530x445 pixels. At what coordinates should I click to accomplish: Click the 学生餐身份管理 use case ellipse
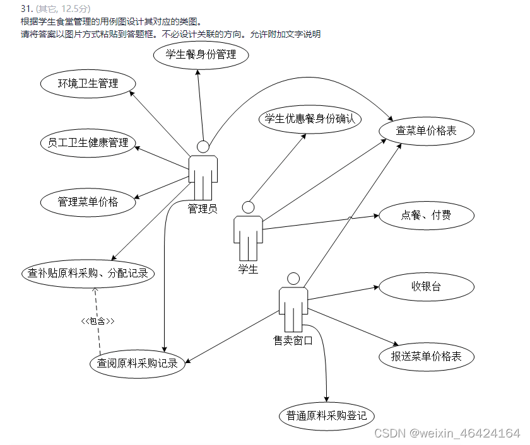[201, 55]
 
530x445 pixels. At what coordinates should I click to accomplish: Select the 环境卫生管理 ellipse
[88, 83]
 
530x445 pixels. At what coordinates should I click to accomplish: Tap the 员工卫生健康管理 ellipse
[88, 142]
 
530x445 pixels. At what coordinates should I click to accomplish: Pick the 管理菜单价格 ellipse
[88, 202]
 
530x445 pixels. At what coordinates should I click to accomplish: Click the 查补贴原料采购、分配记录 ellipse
[88, 274]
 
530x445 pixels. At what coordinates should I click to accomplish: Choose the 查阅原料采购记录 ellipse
[137, 363]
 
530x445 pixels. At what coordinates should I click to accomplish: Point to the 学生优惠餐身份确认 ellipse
[309, 118]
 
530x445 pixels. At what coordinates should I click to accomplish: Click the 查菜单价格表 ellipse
[426, 131]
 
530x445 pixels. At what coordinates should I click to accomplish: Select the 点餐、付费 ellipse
[426, 216]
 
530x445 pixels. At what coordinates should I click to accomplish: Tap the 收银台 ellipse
[426, 286]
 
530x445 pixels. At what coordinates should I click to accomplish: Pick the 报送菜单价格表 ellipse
[426, 356]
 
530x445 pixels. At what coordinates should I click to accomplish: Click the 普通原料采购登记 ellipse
[326, 416]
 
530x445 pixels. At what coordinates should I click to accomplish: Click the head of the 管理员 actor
[203, 147]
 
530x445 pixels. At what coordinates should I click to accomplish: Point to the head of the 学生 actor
[248, 207]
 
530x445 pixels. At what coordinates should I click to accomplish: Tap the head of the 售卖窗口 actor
[293, 278]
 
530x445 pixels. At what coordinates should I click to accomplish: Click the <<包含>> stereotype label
[98, 321]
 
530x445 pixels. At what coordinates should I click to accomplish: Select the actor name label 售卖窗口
[293, 340]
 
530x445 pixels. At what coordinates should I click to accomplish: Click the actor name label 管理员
[203, 209]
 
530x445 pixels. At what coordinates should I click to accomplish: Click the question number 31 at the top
[26, 9]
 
